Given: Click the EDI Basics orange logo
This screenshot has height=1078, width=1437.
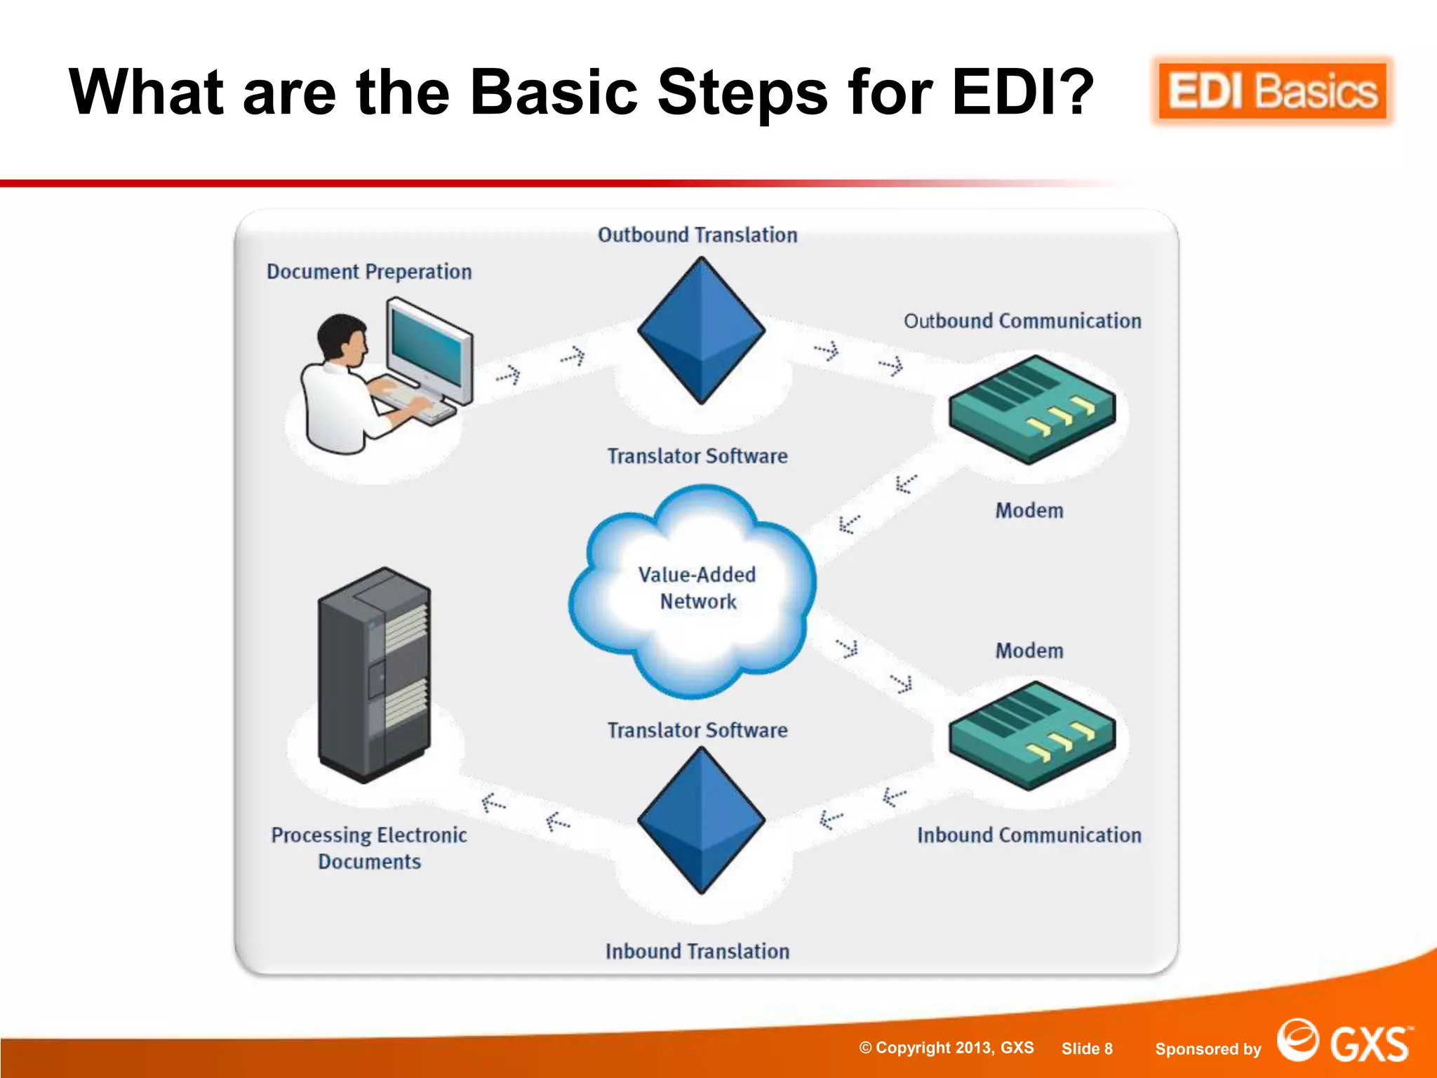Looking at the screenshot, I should [x=1271, y=92].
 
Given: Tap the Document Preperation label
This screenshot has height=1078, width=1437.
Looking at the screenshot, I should [x=369, y=272].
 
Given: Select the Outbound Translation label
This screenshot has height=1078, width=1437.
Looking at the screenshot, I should [x=697, y=235].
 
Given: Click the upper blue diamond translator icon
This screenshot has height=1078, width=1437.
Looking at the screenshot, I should [x=701, y=330].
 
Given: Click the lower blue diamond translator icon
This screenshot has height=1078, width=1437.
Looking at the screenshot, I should [x=701, y=819].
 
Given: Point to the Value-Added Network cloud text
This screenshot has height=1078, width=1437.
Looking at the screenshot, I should [x=697, y=588].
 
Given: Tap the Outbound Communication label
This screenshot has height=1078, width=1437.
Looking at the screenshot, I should [x=1022, y=321].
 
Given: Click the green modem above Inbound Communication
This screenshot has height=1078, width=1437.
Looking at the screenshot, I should [x=1031, y=734].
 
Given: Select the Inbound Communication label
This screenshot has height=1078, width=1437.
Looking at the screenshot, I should [x=1029, y=835].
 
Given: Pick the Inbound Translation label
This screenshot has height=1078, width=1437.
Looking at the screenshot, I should [x=697, y=952].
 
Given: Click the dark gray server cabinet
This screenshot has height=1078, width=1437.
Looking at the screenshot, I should [x=374, y=674].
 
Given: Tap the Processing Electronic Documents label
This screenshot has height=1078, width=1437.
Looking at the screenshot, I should [x=369, y=848].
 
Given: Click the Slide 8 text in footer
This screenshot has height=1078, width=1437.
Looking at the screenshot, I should [x=1087, y=1049].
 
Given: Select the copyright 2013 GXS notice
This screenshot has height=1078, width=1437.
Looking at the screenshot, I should [x=947, y=1048].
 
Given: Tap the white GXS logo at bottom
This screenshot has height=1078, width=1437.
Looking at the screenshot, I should [x=1343, y=1042].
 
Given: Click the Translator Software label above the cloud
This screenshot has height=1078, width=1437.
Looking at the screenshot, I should [x=697, y=456].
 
